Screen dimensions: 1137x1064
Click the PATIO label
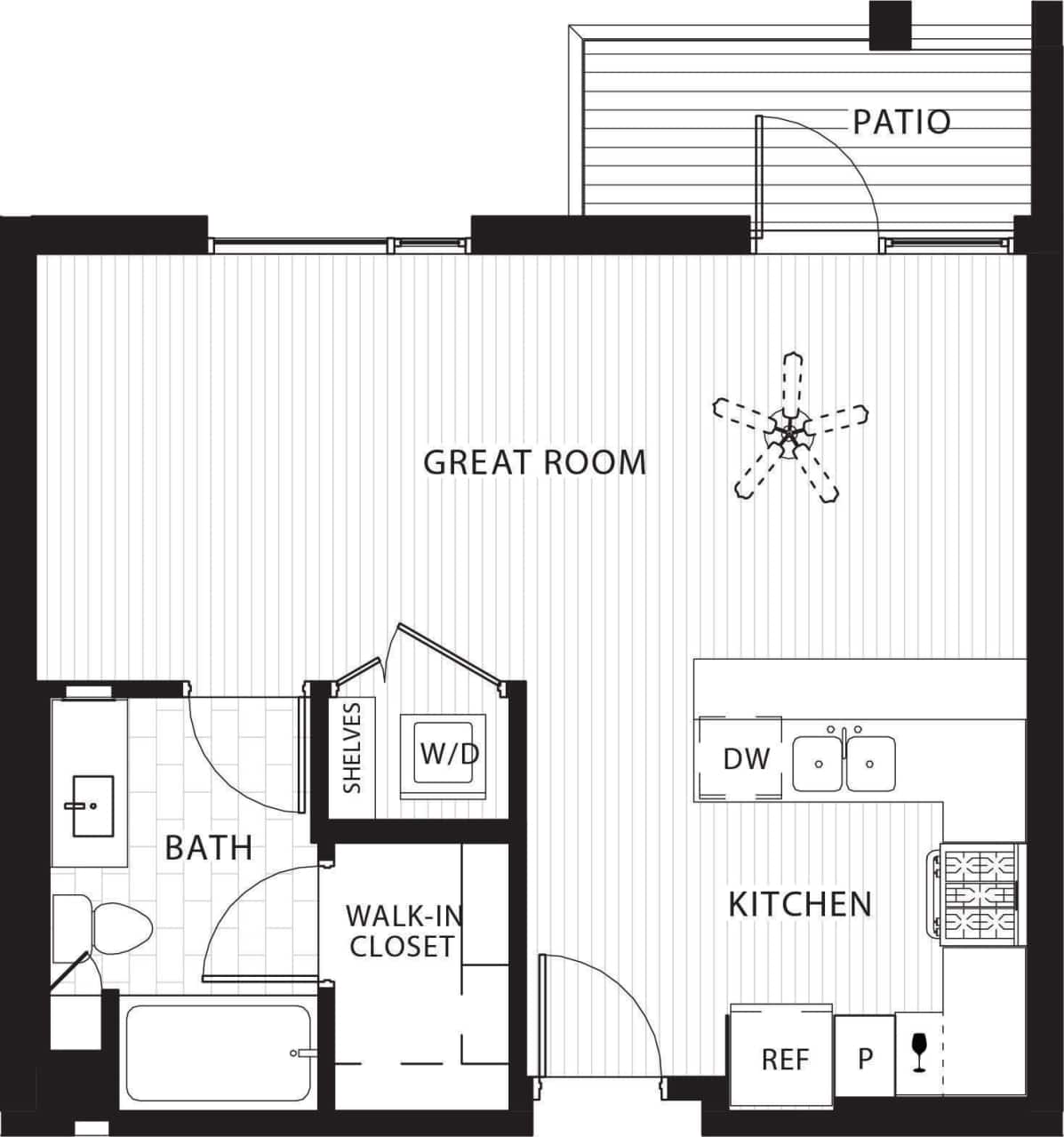pyautogui.click(x=901, y=122)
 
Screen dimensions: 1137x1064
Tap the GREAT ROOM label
pyautogui.click(x=534, y=462)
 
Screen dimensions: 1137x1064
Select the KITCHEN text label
pyautogui.click(x=799, y=904)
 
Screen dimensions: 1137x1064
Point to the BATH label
pyautogui.click(x=209, y=847)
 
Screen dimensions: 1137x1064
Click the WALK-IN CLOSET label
pyautogui.click(x=403, y=930)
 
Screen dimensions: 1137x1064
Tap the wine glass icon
pyautogui.click(x=918, y=1052)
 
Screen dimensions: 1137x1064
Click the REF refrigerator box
pyautogui.click(x=785, y=1059)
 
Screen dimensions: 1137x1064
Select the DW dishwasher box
pyautogui.click(x=745, y=758)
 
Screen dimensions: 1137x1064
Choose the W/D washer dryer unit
pyautogui.click(x=448, y=755)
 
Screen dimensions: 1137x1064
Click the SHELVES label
pyautogui.click(x=352, y=748)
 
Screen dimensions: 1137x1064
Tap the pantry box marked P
pyautogui.click(x=864, y=1058)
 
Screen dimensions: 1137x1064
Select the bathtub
pyautogui.click(x=217, y=1055)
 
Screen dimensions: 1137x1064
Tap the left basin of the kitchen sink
pyautogui.click(x=819, y=763)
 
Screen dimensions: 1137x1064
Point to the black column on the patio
pyautogui.click(x=889, y=24)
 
